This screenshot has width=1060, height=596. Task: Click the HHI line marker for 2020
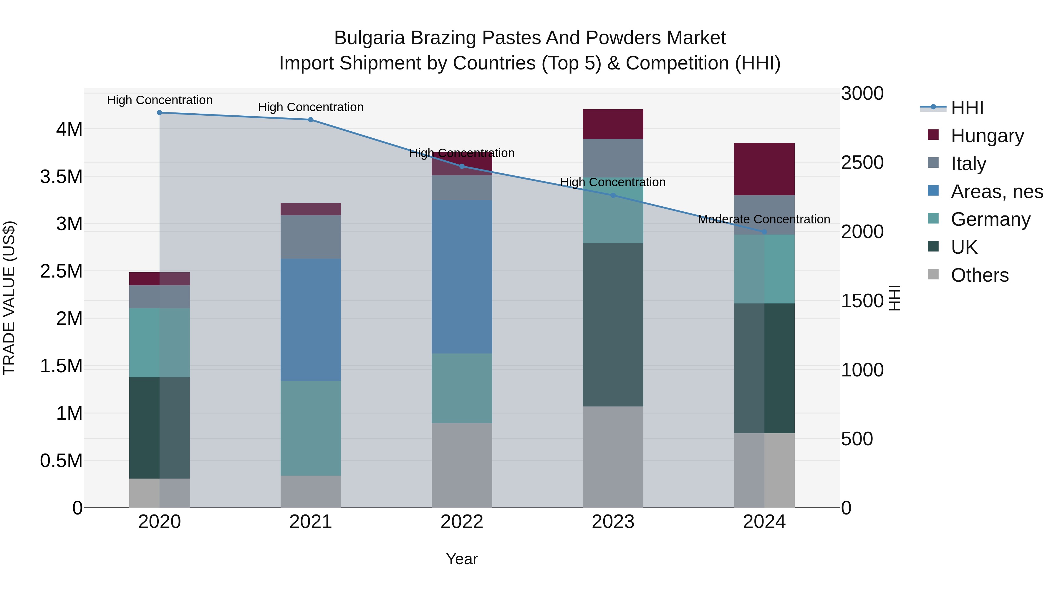click(160, 113)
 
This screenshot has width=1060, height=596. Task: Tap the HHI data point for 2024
click(764, 232)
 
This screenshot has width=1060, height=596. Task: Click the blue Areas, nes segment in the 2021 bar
click(311, 320)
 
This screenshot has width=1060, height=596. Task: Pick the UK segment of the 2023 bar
click(613, 325)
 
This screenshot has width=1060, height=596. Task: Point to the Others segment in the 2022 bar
click(462, 465)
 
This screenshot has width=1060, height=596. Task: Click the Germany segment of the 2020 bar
click(160, 343)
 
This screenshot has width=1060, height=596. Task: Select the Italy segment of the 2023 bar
click(613, 158)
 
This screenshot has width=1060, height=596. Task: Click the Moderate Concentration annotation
click(764, 219)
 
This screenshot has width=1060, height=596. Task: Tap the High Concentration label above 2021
click(311, 107)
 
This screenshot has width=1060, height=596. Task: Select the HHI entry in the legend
click(967, 108)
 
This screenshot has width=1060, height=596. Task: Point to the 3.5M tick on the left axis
click(61, 177)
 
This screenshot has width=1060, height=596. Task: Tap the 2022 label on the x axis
click(462, 522)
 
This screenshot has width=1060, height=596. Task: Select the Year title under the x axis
click(462, 559)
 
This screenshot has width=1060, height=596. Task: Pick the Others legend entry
click(979, 275)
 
